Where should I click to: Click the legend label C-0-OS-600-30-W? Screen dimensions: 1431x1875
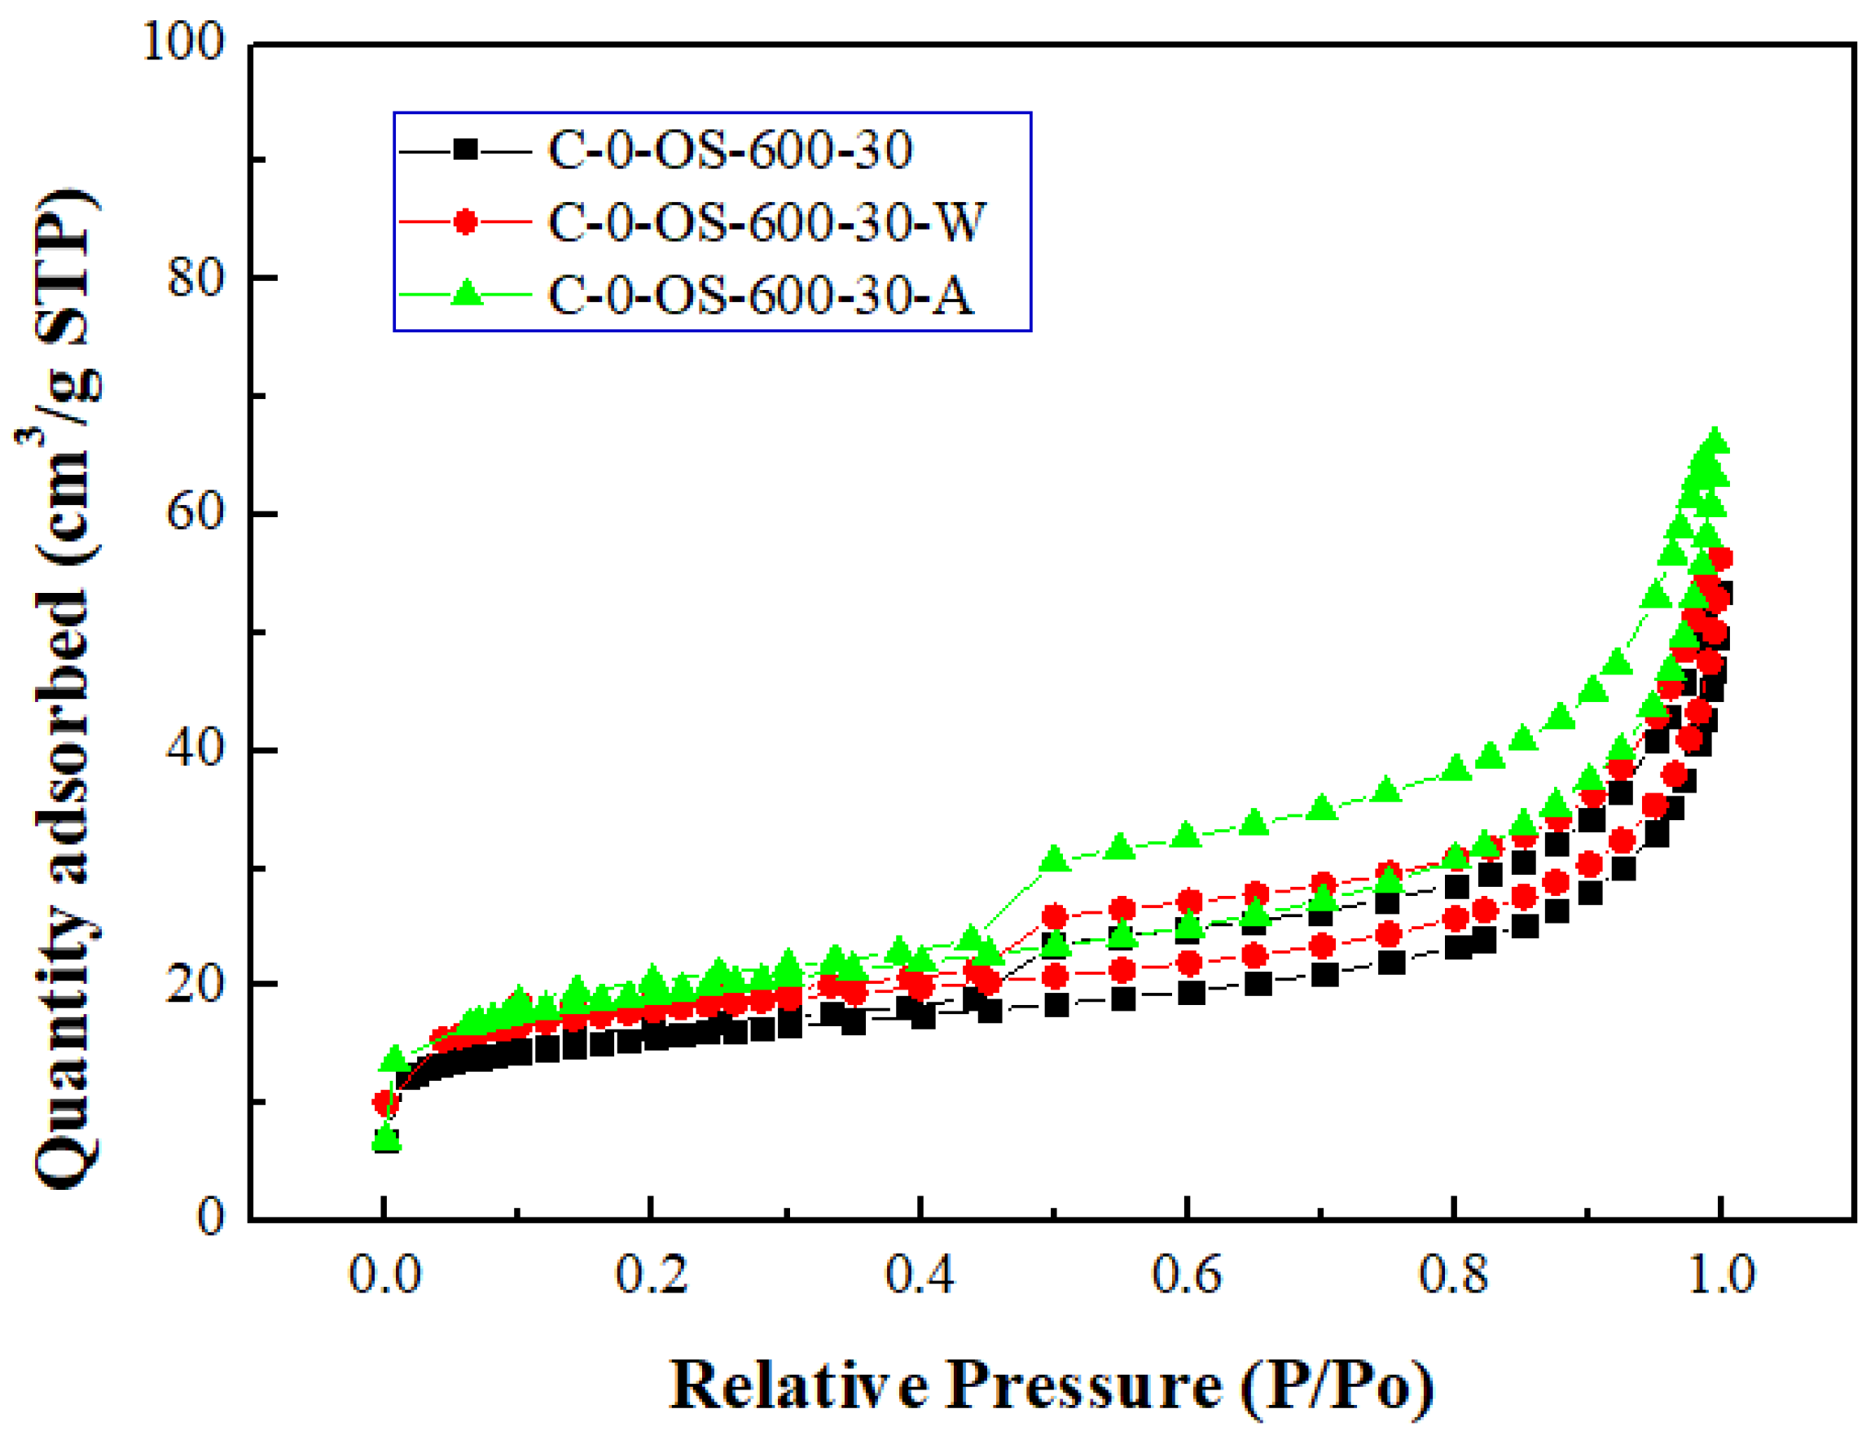coord(766,223)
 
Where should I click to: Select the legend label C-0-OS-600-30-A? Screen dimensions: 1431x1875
coord(759,296)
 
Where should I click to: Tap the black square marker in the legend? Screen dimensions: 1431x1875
coord(465,150)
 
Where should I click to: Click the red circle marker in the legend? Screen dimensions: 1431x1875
coord(465,222)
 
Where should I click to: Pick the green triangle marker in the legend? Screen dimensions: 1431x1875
coord(466,295)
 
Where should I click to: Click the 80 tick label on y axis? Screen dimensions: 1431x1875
coord(195,278)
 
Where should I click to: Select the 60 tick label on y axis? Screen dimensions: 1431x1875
coord(195,513)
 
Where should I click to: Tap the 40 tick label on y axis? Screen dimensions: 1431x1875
coord(195,748)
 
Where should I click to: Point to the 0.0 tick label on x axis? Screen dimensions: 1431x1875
coord(385,1275)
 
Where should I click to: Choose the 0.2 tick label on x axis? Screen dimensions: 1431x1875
coord(652,1275)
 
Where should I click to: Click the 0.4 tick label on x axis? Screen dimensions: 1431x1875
coord(920,1275)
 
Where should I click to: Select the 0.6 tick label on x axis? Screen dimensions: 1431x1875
coord(1187,1275)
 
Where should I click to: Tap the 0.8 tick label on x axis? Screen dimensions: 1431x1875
coord(1453,1275)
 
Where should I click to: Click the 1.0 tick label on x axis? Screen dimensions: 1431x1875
coord(1721,1275)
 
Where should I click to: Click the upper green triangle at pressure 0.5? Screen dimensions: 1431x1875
coord(1055,859)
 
